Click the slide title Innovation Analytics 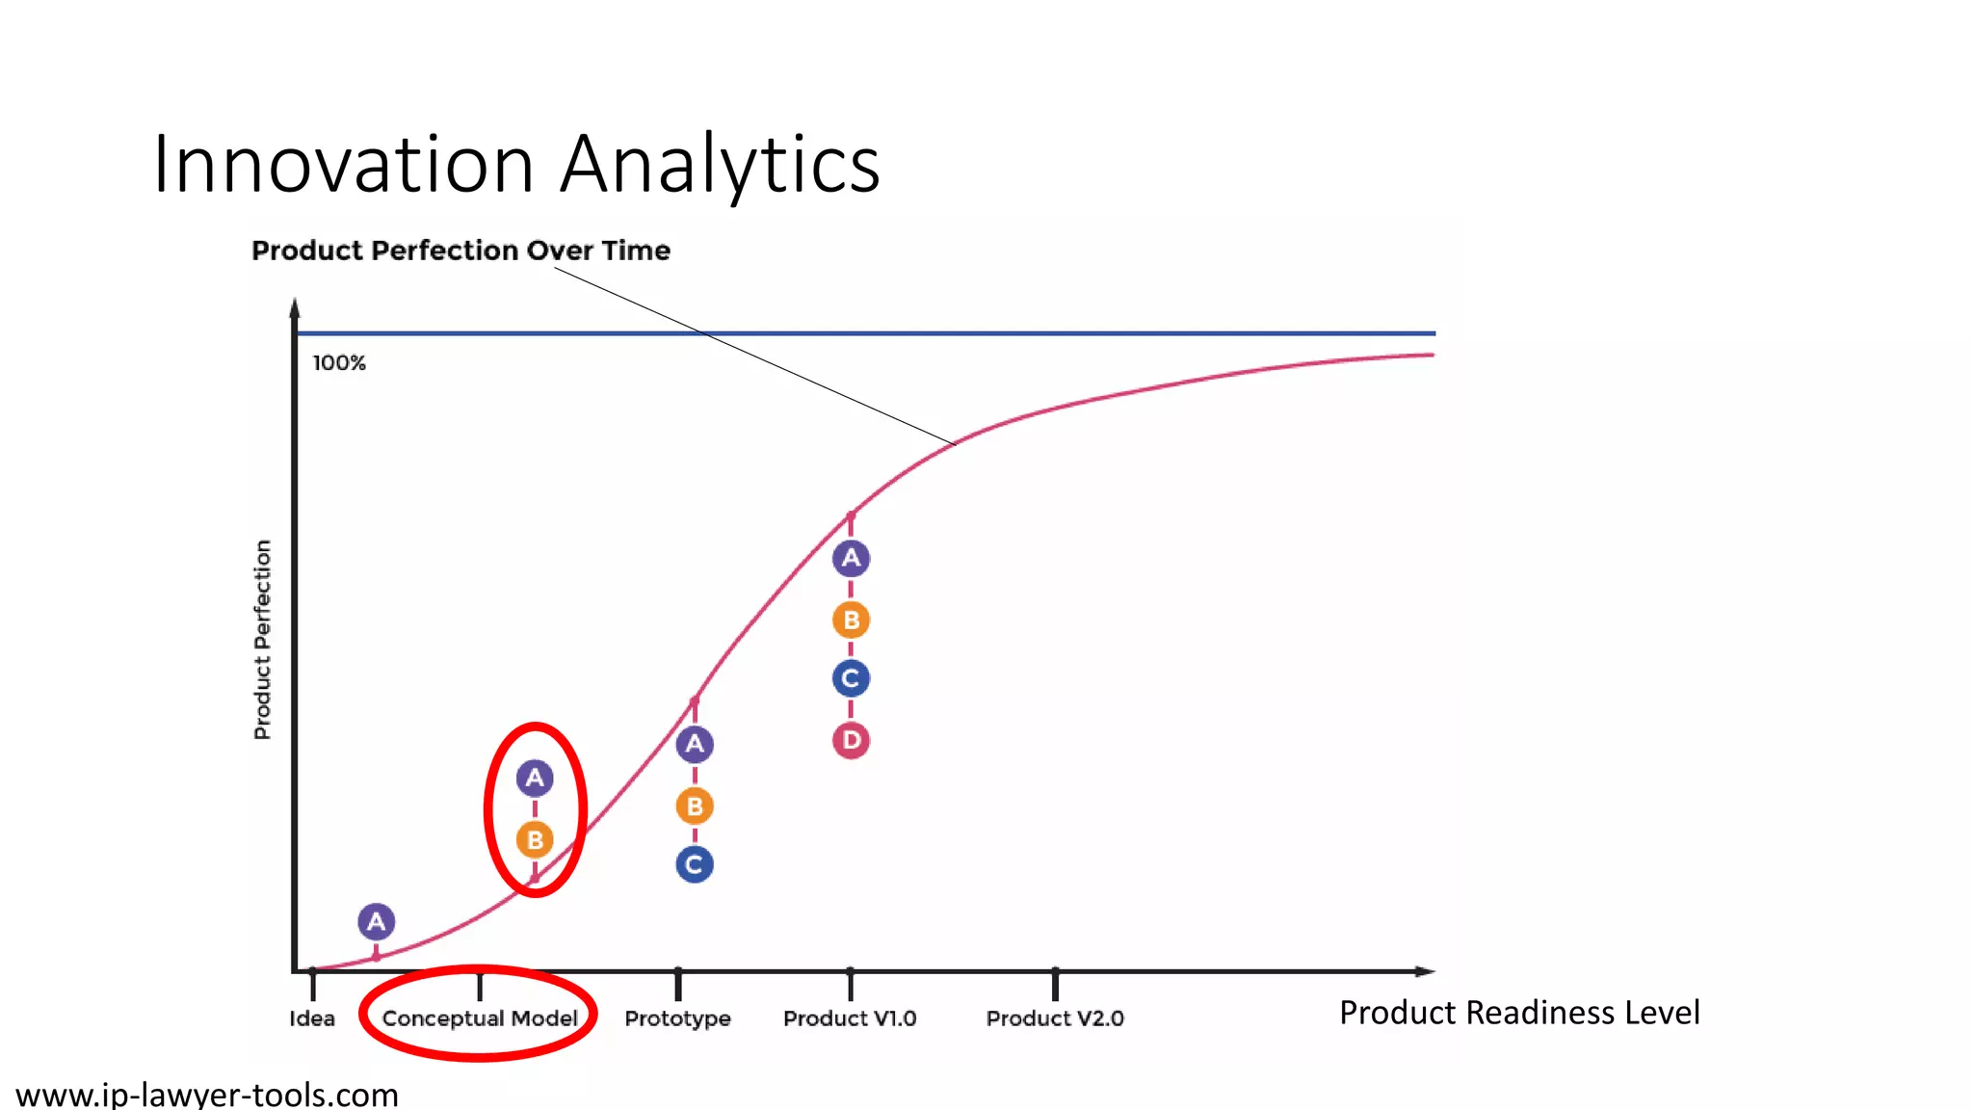point(516,164)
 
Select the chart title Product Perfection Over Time point(460,251)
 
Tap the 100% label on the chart point(339,363)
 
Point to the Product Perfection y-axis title point(262,640)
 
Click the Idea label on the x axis point(312,1018)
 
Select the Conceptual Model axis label point(480,1018)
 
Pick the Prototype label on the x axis point(677,1018)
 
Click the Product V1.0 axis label point(850,1018)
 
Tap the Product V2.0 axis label point(1055,1018)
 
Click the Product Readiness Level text point(1519,1013)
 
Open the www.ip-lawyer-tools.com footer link point(207,1095)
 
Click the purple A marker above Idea point(377,922)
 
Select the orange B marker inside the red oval point(535,840)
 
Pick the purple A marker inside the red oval point(535,779)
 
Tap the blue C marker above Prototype point(695,864)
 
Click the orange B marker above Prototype point(695,806)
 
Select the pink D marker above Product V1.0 point(851,741)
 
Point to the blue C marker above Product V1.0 point(851,678)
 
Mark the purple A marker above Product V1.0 point(851,558)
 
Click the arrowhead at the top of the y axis point(295,307)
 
